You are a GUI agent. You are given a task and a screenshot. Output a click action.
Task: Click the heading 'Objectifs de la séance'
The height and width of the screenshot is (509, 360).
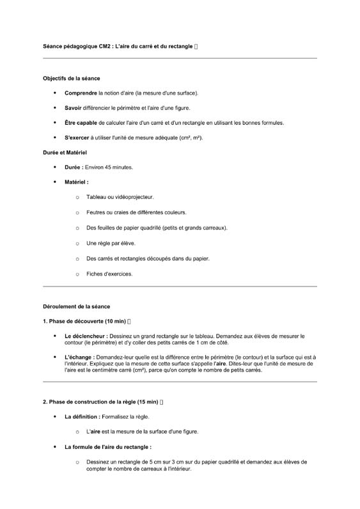72,79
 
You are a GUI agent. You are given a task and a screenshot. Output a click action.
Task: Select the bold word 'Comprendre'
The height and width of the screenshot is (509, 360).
81,93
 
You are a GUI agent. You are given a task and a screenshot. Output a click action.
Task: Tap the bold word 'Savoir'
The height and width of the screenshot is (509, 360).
73,108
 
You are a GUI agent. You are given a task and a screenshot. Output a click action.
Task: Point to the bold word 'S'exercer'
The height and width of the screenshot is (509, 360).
77,137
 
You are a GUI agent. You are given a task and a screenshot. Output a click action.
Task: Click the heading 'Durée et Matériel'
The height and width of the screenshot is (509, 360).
65,153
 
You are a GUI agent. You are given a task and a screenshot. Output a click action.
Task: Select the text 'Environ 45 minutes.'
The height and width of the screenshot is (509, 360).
109,168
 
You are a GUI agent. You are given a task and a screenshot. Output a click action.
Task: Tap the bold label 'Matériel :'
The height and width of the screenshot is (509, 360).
77,182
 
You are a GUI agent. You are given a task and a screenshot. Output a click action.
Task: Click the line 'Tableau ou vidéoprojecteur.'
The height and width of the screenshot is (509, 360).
120,198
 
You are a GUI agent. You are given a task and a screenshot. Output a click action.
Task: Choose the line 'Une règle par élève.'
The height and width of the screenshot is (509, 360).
111,244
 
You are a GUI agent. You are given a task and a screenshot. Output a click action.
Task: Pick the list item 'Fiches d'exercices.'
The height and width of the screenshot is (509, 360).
110,274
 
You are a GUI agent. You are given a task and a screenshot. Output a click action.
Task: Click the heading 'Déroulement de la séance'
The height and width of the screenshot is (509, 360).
76,307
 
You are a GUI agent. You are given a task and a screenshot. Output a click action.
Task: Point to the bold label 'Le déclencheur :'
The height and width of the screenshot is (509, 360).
86,336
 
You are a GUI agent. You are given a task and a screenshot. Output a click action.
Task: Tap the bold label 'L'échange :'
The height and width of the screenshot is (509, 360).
80,357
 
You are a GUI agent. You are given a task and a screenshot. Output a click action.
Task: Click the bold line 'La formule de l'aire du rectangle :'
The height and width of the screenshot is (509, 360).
108,446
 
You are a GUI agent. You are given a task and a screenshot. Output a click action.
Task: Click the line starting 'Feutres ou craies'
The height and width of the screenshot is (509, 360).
137,213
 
